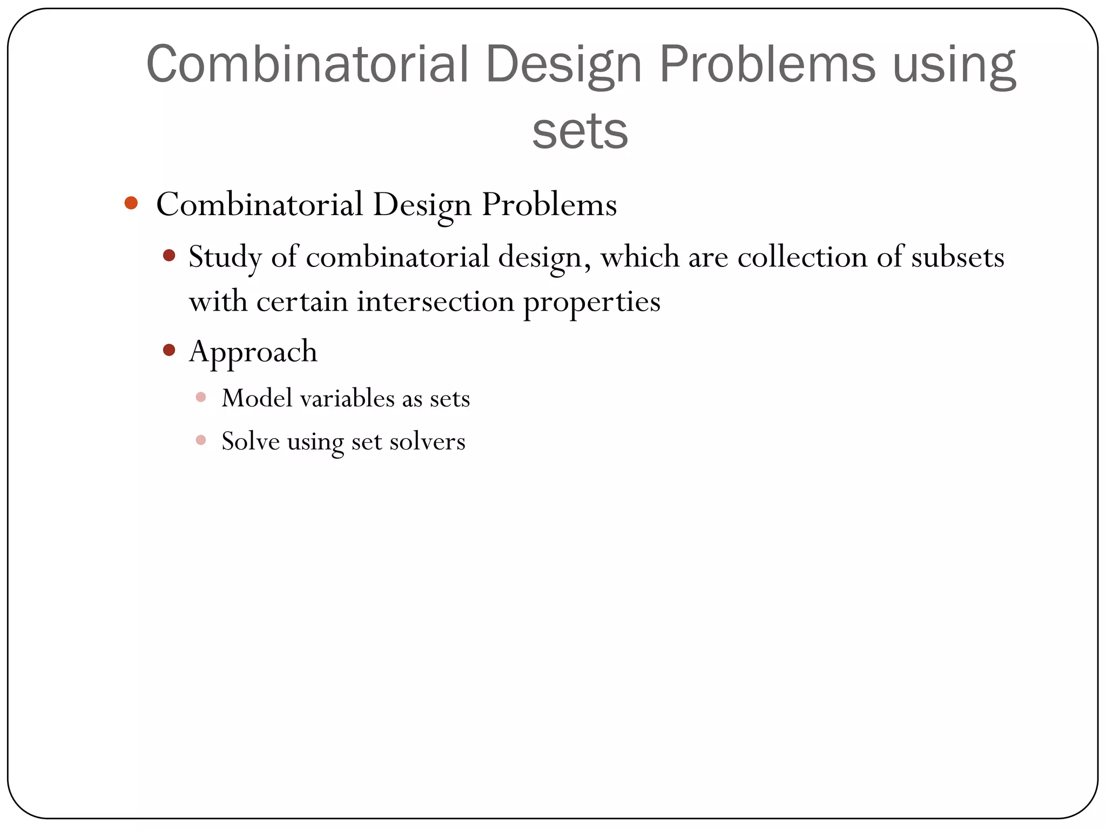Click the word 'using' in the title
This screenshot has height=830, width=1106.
point(954,66)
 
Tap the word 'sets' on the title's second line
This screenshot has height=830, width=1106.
point(579,131)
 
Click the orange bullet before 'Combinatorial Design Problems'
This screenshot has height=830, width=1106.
point(131,203)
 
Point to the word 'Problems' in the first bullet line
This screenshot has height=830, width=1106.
point(549,205)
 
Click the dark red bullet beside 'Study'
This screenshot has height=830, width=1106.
point(169,255)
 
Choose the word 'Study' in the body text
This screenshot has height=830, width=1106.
point(225,257)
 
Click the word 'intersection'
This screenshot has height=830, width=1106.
point(435,301)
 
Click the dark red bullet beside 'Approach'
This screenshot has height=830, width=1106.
point(169,350)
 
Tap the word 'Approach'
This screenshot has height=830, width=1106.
point(253,352)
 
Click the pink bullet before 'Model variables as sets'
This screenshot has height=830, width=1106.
point(201,397)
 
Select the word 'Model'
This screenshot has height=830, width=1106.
point(257,398)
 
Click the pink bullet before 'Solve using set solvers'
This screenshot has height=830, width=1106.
point(201,440)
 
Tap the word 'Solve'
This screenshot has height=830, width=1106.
point(251,441)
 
